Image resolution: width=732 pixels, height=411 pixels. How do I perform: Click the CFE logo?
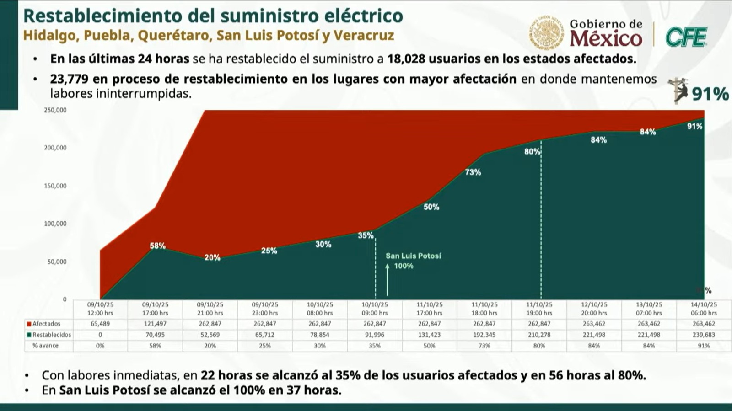685,37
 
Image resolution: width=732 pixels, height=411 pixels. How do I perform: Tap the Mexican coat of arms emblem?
547,33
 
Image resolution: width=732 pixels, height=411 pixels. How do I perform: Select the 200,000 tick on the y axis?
55,148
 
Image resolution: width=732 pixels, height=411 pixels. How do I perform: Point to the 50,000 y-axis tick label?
57,262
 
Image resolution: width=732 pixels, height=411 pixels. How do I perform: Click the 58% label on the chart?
157,246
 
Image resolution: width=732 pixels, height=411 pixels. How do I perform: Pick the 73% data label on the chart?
473,172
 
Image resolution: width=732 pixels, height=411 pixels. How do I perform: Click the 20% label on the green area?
212,257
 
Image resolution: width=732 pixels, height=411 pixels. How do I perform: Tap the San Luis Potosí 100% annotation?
413,261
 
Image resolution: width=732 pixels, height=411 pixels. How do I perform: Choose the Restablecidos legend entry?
49,335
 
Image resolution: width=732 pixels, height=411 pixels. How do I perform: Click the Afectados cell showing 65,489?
100,324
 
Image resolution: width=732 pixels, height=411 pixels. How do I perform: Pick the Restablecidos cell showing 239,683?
704,335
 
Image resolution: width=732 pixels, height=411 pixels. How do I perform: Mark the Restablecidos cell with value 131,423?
429,335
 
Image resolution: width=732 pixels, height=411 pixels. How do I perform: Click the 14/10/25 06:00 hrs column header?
704,309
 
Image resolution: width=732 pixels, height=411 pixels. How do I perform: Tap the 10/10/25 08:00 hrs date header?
319,309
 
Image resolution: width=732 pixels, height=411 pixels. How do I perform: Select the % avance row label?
45,346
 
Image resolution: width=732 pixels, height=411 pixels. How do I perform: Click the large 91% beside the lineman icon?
710,94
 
